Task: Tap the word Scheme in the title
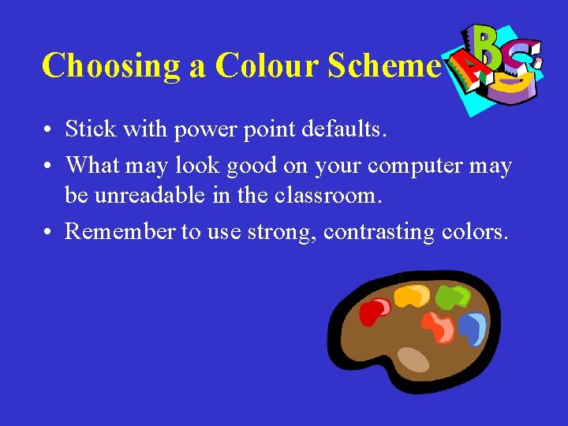(382, 65)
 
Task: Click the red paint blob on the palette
(372, 312)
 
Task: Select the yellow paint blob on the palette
(411, 297)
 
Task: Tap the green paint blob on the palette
(451, 297)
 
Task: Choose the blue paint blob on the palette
(473, 327)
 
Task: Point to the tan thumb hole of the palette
(413, 360)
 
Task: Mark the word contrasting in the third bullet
(371, 232)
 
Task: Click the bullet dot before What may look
(49, 166)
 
